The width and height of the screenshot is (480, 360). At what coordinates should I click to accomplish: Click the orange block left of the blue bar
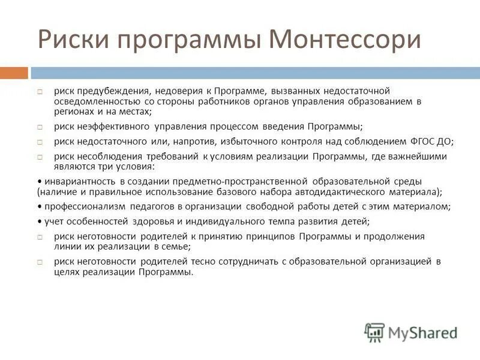coord(14,73)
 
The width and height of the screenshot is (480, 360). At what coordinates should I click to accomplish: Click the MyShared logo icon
coord(374,332)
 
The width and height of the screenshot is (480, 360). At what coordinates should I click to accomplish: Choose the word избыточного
coord(248,142)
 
